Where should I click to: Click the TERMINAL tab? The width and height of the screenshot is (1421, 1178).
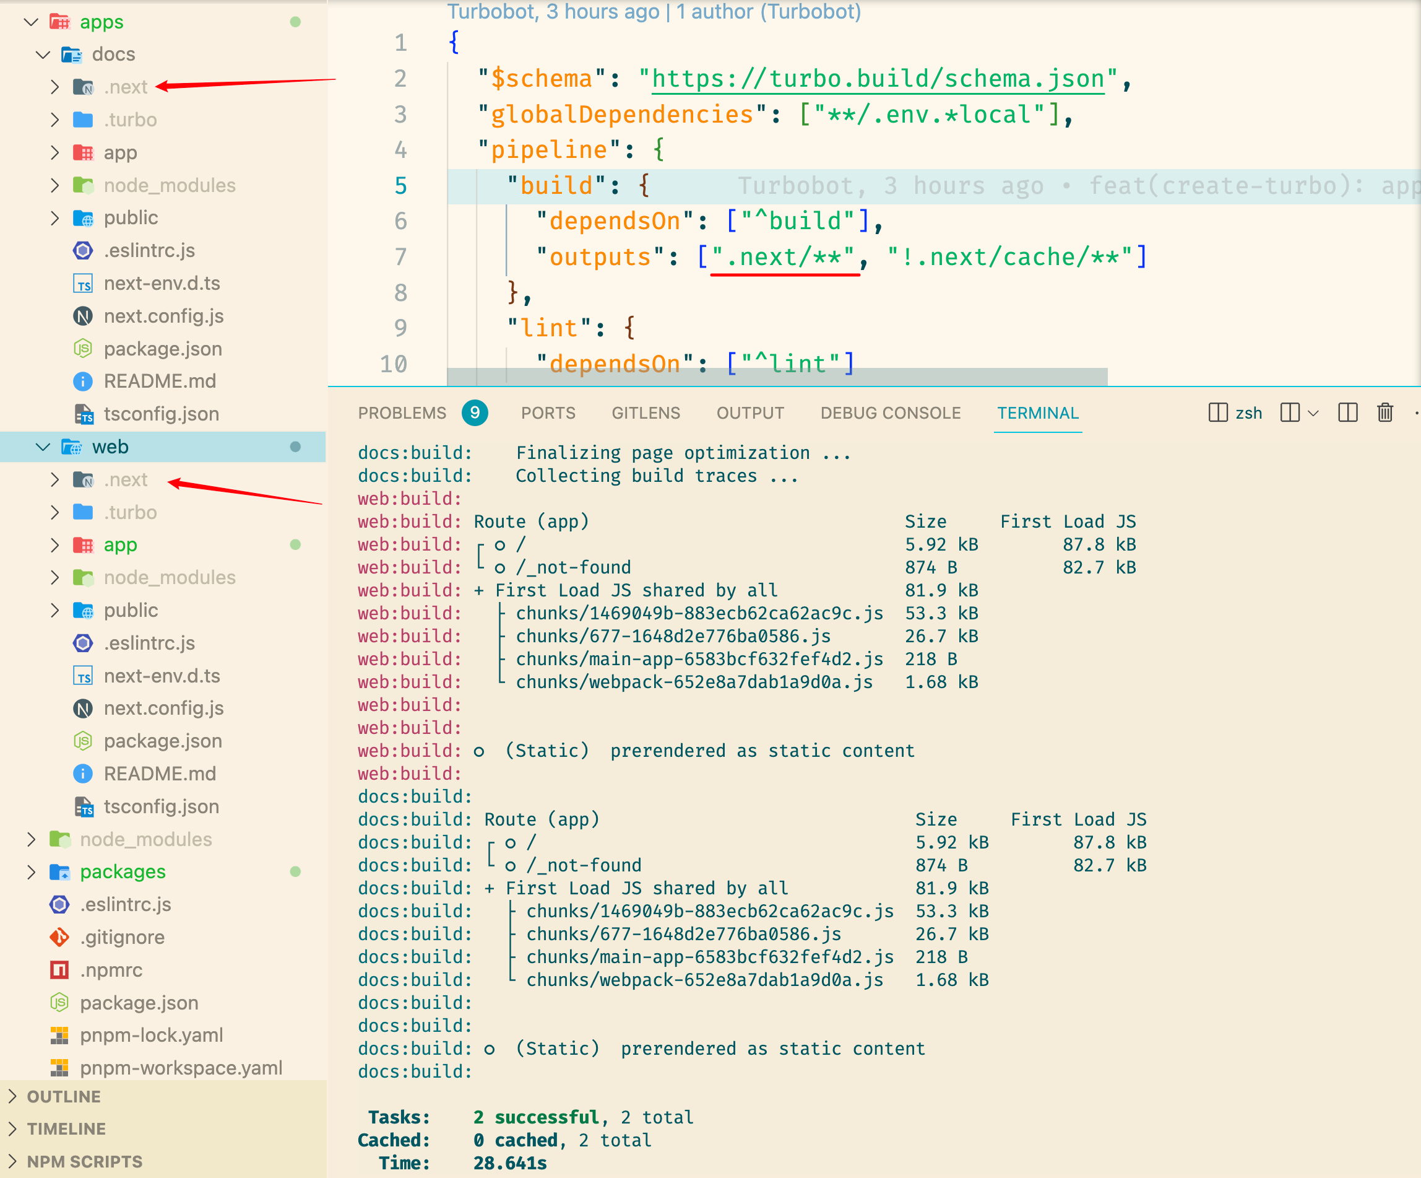[x=1037, y=413]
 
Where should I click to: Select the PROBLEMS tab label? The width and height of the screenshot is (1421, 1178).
[x=402, y=413]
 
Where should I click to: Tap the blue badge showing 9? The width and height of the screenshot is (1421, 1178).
[x=475, y=412]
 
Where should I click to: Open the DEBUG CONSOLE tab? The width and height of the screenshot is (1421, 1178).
[x=891, y=413]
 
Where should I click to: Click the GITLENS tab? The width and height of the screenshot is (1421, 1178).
[x=646, y=413]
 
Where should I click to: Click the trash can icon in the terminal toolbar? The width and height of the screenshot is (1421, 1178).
[x=1384, y=412]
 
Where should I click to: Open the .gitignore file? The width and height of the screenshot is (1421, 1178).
[x=123, y=937]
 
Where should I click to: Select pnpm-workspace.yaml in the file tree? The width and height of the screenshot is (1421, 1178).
[x=181, y=1068]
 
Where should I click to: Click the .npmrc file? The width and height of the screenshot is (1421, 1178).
[x=111, y=969]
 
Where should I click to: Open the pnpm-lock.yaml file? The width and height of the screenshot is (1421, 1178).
[x=151, y=1035]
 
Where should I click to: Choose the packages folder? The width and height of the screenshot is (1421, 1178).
[x=123, y=871]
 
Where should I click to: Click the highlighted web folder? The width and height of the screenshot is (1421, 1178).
[x=110, y=447]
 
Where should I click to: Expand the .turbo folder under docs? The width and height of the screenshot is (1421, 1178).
[x=130, y=120]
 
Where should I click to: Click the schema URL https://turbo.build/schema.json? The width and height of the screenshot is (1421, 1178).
[x=878, y=79]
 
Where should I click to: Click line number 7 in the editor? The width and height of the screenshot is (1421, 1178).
[x=400, y=256]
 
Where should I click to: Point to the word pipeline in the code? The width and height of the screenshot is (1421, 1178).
[x=549, y=150]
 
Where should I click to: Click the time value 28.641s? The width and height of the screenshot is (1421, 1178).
[x=510, y=1163]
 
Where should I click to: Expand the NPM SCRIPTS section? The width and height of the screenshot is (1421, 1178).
[x=85, y=1162]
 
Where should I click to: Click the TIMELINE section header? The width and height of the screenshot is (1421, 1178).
[x=66, y=1128]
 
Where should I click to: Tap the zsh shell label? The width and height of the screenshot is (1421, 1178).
[x=1248, y=413]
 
